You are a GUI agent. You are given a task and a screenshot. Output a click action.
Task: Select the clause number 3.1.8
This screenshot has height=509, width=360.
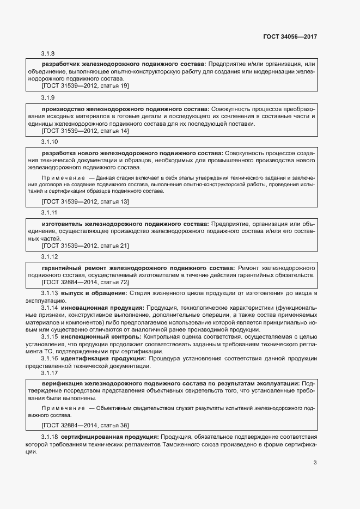(x=48, y=53)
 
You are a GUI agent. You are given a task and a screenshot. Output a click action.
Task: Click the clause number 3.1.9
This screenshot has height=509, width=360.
(x=48, y=97)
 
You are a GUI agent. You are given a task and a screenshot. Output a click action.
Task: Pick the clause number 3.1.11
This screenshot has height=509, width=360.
(x=50, y=212)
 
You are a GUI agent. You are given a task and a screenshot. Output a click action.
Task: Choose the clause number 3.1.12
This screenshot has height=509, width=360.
(x=50, y=256)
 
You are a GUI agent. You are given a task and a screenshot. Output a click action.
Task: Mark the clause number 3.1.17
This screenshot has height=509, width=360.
(x=50, y=373)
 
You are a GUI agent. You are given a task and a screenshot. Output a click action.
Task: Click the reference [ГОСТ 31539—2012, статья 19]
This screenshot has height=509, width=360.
(x=85, y=86)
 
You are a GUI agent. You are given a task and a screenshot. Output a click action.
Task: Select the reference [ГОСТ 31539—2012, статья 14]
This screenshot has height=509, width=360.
(x=85, y=131)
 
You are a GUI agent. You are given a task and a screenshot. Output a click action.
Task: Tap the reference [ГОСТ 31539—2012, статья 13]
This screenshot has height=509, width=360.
(x=85, y=201)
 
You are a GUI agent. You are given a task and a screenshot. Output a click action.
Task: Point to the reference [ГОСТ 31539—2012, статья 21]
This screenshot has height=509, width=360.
(x=85, y=246)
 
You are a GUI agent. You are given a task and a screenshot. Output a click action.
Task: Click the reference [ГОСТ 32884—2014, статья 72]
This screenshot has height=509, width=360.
(x=85, y=282)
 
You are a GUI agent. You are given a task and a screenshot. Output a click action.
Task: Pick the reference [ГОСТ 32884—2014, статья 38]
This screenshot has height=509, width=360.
(x=85, y=425)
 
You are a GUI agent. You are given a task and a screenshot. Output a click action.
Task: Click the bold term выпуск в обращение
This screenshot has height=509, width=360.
(x=94, y=293)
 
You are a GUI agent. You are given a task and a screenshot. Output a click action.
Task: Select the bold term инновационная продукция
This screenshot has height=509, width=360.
(x=103, y=308)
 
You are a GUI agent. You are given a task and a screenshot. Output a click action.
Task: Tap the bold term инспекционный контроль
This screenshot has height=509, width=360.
(x=101, y=337)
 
